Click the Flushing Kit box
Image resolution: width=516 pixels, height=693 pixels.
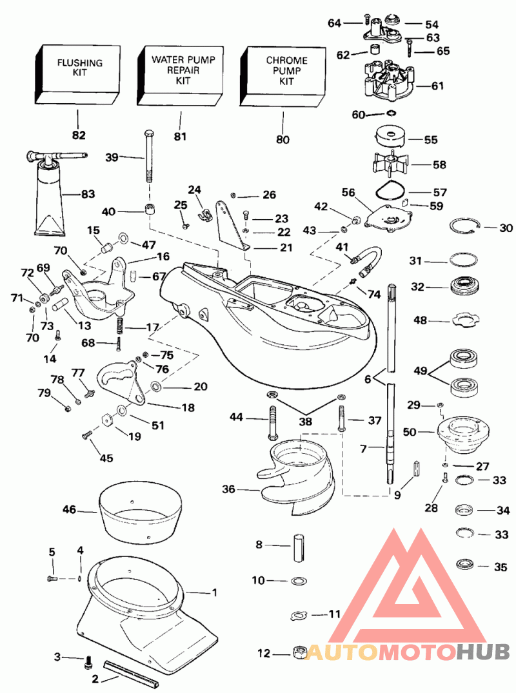[x=79, y=74]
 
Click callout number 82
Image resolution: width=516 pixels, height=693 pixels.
[x=79, y=135]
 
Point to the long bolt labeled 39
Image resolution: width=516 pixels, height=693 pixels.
[x=148, y=158]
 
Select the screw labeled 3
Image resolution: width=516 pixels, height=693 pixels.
[x=88, y=659]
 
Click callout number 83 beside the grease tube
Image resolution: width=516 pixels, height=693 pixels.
[x=87, y=193]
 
